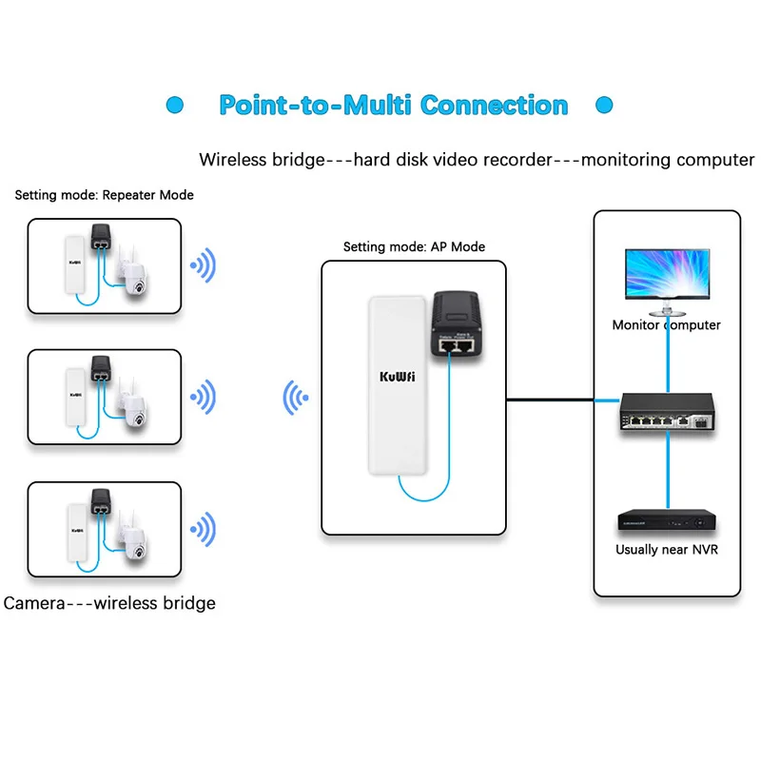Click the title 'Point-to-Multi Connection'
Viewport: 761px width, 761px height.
click(393, 105)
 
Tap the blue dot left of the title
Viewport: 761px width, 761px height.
click(174, 105)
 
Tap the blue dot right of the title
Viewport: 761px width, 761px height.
click(602, 105)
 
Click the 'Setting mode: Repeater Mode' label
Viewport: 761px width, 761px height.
click(105, 195)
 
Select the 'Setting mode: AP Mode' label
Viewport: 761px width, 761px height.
click(414, 246)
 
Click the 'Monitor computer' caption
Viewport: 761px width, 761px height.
click(666, 325)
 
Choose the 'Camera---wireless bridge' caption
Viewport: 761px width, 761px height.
click(109, 603)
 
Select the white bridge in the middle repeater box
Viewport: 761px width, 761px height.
click(72, 396)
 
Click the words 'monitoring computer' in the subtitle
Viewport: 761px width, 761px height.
click(668, 160)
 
